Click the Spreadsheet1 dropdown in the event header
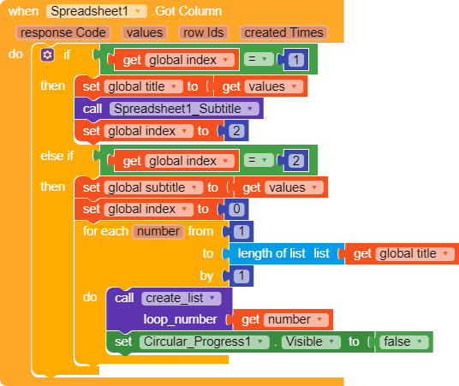pos(96,11)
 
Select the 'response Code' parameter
pos(63,33)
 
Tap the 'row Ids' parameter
pos(204,33)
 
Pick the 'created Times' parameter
pos(283,33)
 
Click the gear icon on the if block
pos(47,55)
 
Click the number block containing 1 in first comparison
pos(296,60)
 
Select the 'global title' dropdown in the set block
pos(144,86)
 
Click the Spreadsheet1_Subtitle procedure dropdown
pos(184,109)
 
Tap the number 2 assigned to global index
pos(236,131)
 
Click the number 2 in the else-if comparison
pos(296,161)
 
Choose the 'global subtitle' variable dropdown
pos(153,187)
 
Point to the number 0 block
pos(236,209)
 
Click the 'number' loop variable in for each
pos(158,231)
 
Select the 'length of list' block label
pos(271,253)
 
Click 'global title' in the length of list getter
pos(415,253)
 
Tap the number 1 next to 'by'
pos(241,276)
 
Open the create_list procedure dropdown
pos(182,298)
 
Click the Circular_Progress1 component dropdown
pos(205,341)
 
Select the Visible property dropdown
pos(311,341)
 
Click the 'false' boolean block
pos(403,341)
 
